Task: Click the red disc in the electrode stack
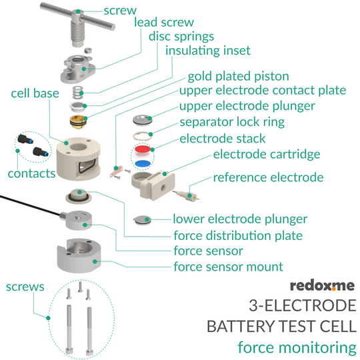[143, 149]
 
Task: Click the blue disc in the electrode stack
[143, 164]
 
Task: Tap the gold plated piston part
[79, 122]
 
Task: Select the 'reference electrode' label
[268, 177]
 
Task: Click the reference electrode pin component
[185, 194]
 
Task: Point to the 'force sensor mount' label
[228, 267]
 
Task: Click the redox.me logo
[322, 285]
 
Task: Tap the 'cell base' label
[35, 93]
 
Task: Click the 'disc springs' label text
[181, 37]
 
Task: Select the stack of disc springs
[78, 92]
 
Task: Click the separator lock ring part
[143, 136]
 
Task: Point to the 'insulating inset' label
[208, 51]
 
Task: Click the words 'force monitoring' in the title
[297, 347]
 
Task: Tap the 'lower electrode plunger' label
[240, 219]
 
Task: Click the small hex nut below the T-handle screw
[88, 50]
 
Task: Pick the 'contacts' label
[31, 173]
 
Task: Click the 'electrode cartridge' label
[267, 154]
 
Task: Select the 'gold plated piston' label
[238, 77]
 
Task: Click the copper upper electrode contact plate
[115, 171]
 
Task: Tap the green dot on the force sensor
[85, 225]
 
